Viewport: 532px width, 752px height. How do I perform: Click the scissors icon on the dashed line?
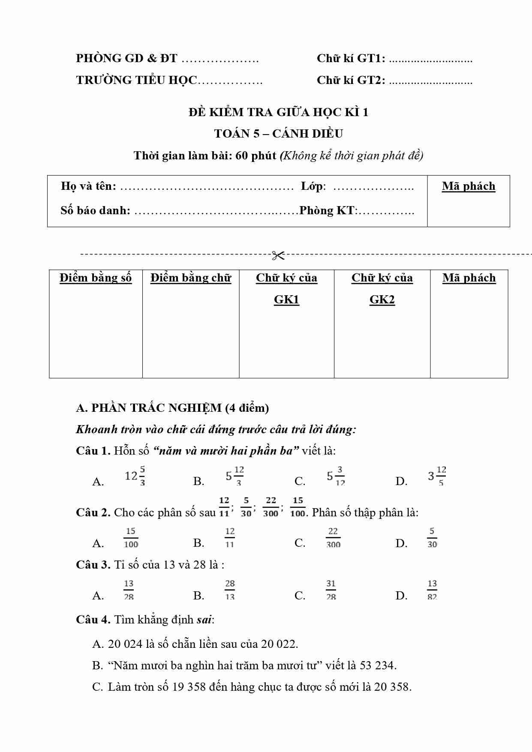pyautogui.click(x=278, y=256)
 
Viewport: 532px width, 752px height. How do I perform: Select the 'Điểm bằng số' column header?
pyautogui.click(x=96, y=278)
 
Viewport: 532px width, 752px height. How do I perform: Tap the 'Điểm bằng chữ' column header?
pyautogui.click(x=191, y=278)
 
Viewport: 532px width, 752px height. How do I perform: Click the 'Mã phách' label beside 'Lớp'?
pyautogui.click(x=469, y=186)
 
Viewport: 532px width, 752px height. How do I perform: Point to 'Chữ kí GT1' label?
pyautogui.click(x=351, y=59)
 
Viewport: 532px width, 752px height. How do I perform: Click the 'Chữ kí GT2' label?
pyautogui.click(x=351, y=80)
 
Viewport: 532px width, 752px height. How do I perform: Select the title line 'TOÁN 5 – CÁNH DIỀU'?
pyautogui.click(x=279, y=134)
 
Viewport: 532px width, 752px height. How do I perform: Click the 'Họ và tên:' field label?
pyautogui.click(x=88, y=186)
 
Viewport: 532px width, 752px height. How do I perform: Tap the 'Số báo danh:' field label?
pyautogui.click(x=95, y=210)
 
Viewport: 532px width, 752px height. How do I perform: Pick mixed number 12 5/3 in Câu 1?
pyautogui.click(x=135, y=476)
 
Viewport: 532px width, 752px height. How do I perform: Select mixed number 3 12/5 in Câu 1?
pyautogui.click(x=437, y=476)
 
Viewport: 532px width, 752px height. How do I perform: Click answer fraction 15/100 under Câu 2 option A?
pyautogui.click(x=131, y=538)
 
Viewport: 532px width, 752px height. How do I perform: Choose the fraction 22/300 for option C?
pyautogui.click(x=333, y=538)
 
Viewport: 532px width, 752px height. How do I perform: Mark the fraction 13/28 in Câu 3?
pyautogui.click(x=129, y=590)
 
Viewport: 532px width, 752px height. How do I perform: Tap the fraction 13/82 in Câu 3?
pyautogui.click(x=432, y=590)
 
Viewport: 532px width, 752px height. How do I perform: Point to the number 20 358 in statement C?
pyautogui.click(x=392, y=687)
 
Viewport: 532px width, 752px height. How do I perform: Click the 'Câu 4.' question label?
pyautogui.click(x=93, y=620)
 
